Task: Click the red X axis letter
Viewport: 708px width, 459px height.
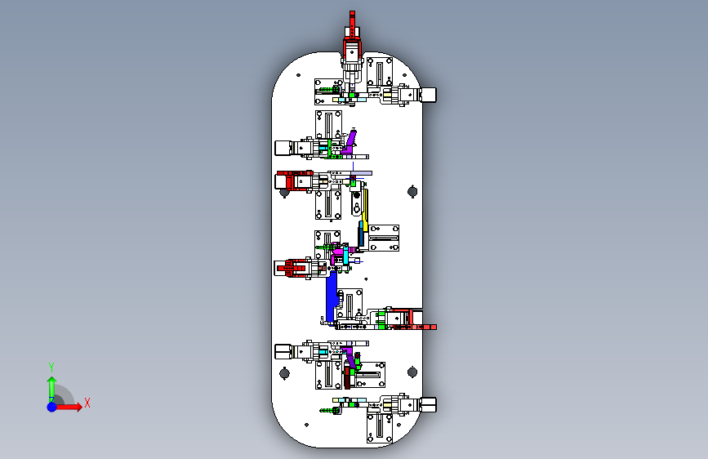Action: click(x=87, y=403)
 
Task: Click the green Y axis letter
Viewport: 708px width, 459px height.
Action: click(x=51, y=368)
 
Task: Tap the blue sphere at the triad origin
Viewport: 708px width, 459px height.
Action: click(x=52, y=407)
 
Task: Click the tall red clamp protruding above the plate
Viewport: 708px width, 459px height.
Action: click(x=352, y=36)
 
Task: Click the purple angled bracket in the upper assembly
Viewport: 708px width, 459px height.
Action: click(x=350, y=142)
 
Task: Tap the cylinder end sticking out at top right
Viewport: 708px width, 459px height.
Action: click(x=428, y=95)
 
